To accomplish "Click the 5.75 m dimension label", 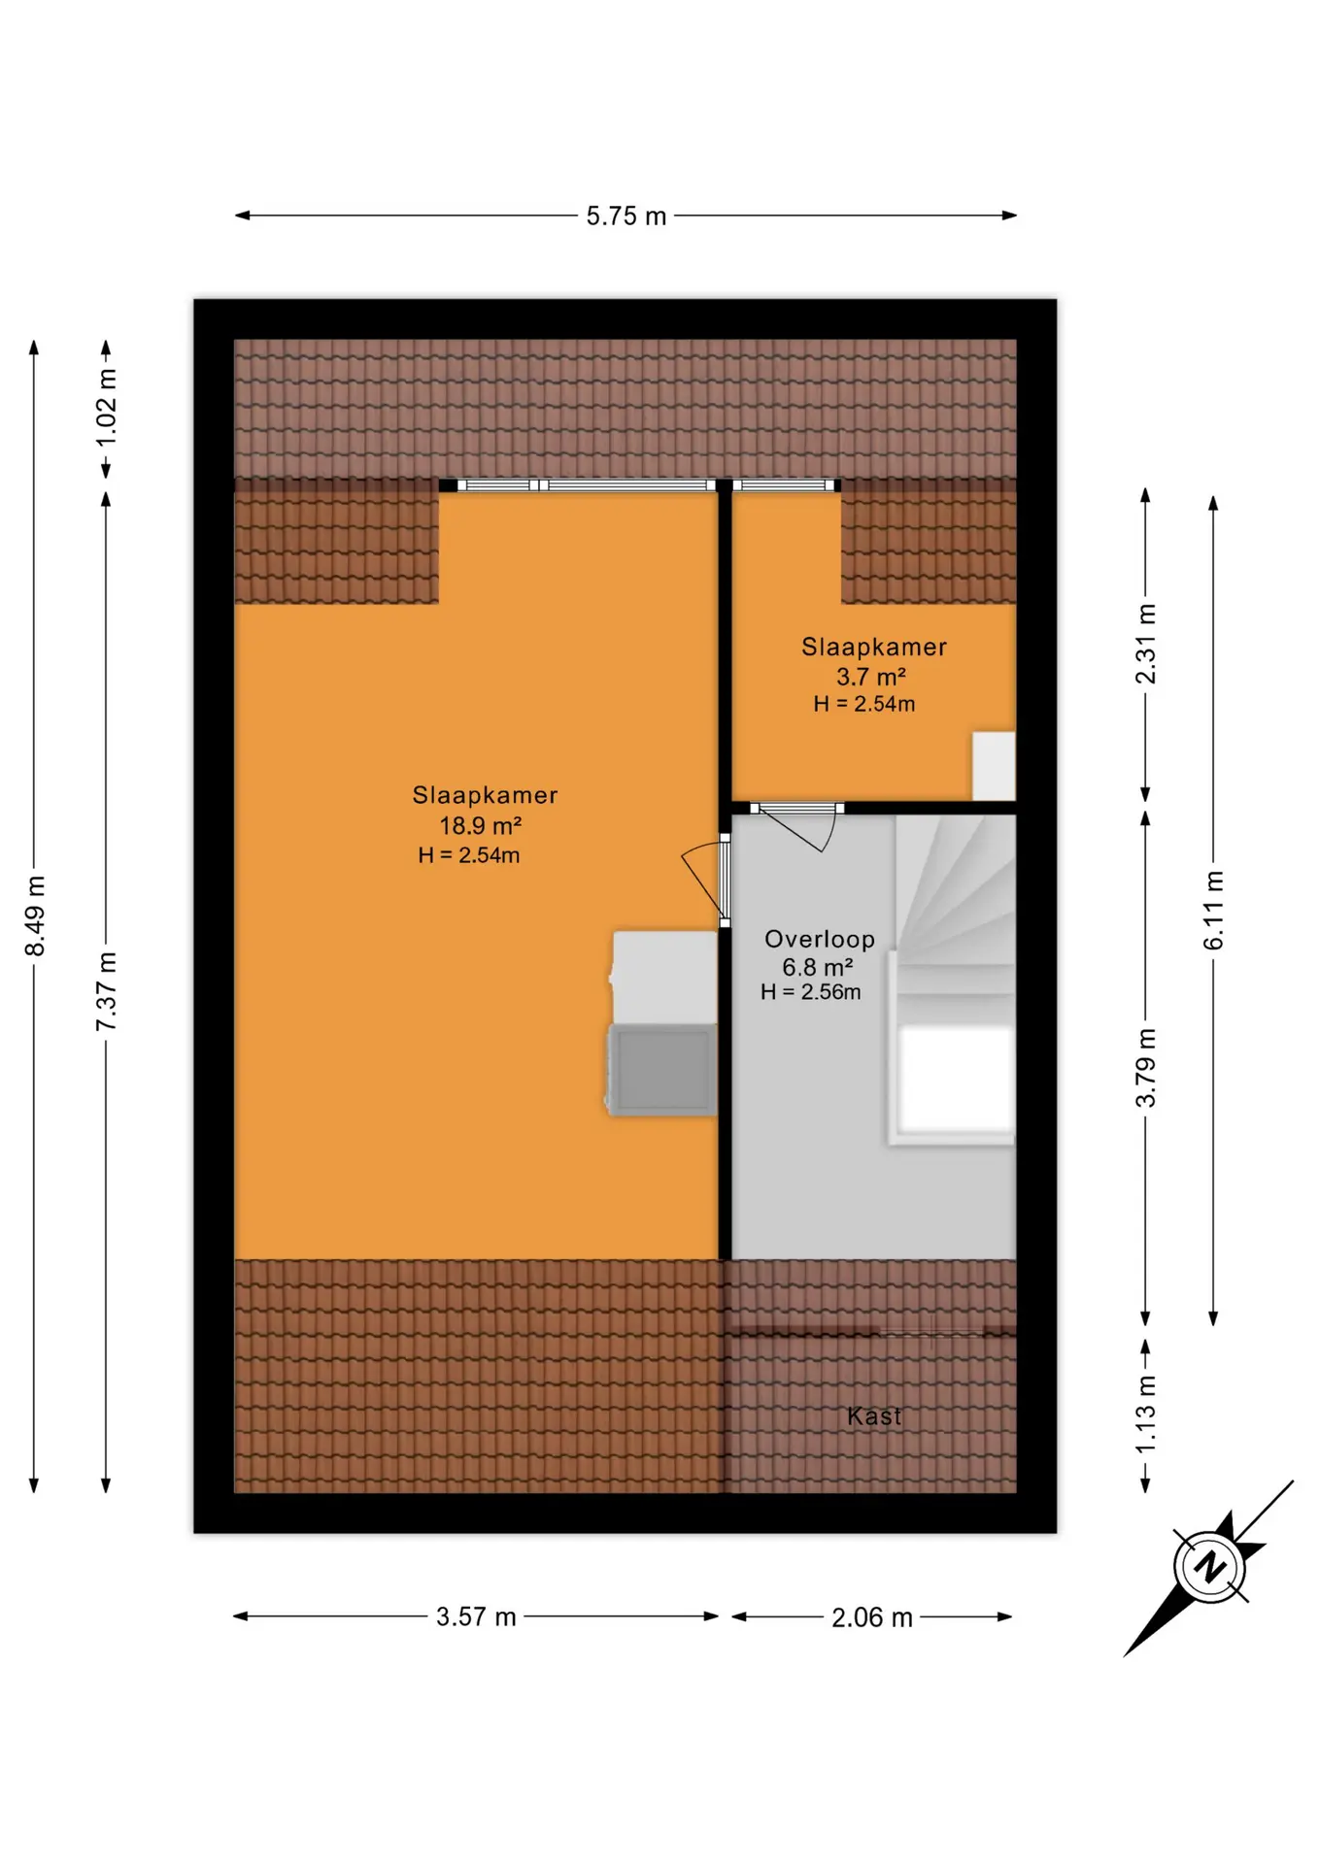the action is coord(626,216).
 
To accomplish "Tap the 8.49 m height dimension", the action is coord(35,915).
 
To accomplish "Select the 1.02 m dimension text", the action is coord(106,408).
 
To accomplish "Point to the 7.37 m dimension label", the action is coord(106,991).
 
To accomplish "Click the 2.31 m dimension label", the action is coord(1146,644).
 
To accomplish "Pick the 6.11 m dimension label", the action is coord(1214,911).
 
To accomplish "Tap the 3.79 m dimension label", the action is coord(1146,1068).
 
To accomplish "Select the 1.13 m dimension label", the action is coord(1146,1414).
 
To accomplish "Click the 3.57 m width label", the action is coord(476,1617).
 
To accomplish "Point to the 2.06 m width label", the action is coord(872,1617).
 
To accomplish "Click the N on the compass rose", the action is coord(1209,1567).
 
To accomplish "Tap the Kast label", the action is coord(874,1416).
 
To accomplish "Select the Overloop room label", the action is coord(820,939).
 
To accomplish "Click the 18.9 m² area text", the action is coord(481,825).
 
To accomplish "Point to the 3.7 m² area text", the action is coord(871,677).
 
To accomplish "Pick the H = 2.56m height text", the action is coord(811,992).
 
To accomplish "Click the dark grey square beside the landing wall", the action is coord(661,1069).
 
